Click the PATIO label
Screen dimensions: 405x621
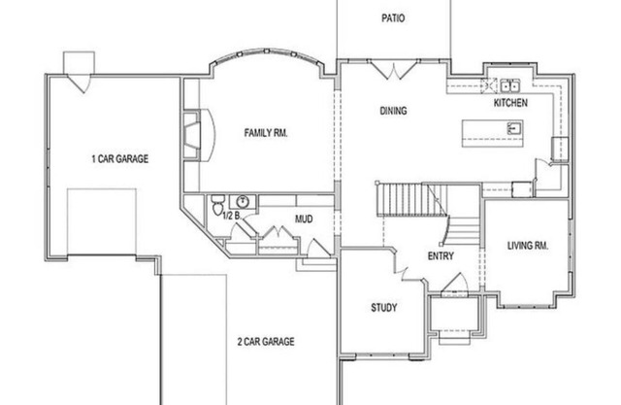[393, 17]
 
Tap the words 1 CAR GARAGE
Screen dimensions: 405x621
[119, 158]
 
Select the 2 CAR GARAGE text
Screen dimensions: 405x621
[265, 341]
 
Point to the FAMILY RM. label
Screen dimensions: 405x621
[265, 132]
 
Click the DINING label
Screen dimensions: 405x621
[393, 111]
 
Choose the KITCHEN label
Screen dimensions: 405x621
[510, 102]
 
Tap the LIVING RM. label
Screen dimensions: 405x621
[528, 246]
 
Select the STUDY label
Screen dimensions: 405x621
[384, 308]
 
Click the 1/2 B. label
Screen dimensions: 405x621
[232, 216]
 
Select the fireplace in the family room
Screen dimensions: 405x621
[193, 134]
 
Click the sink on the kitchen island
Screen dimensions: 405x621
[515, 127]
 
